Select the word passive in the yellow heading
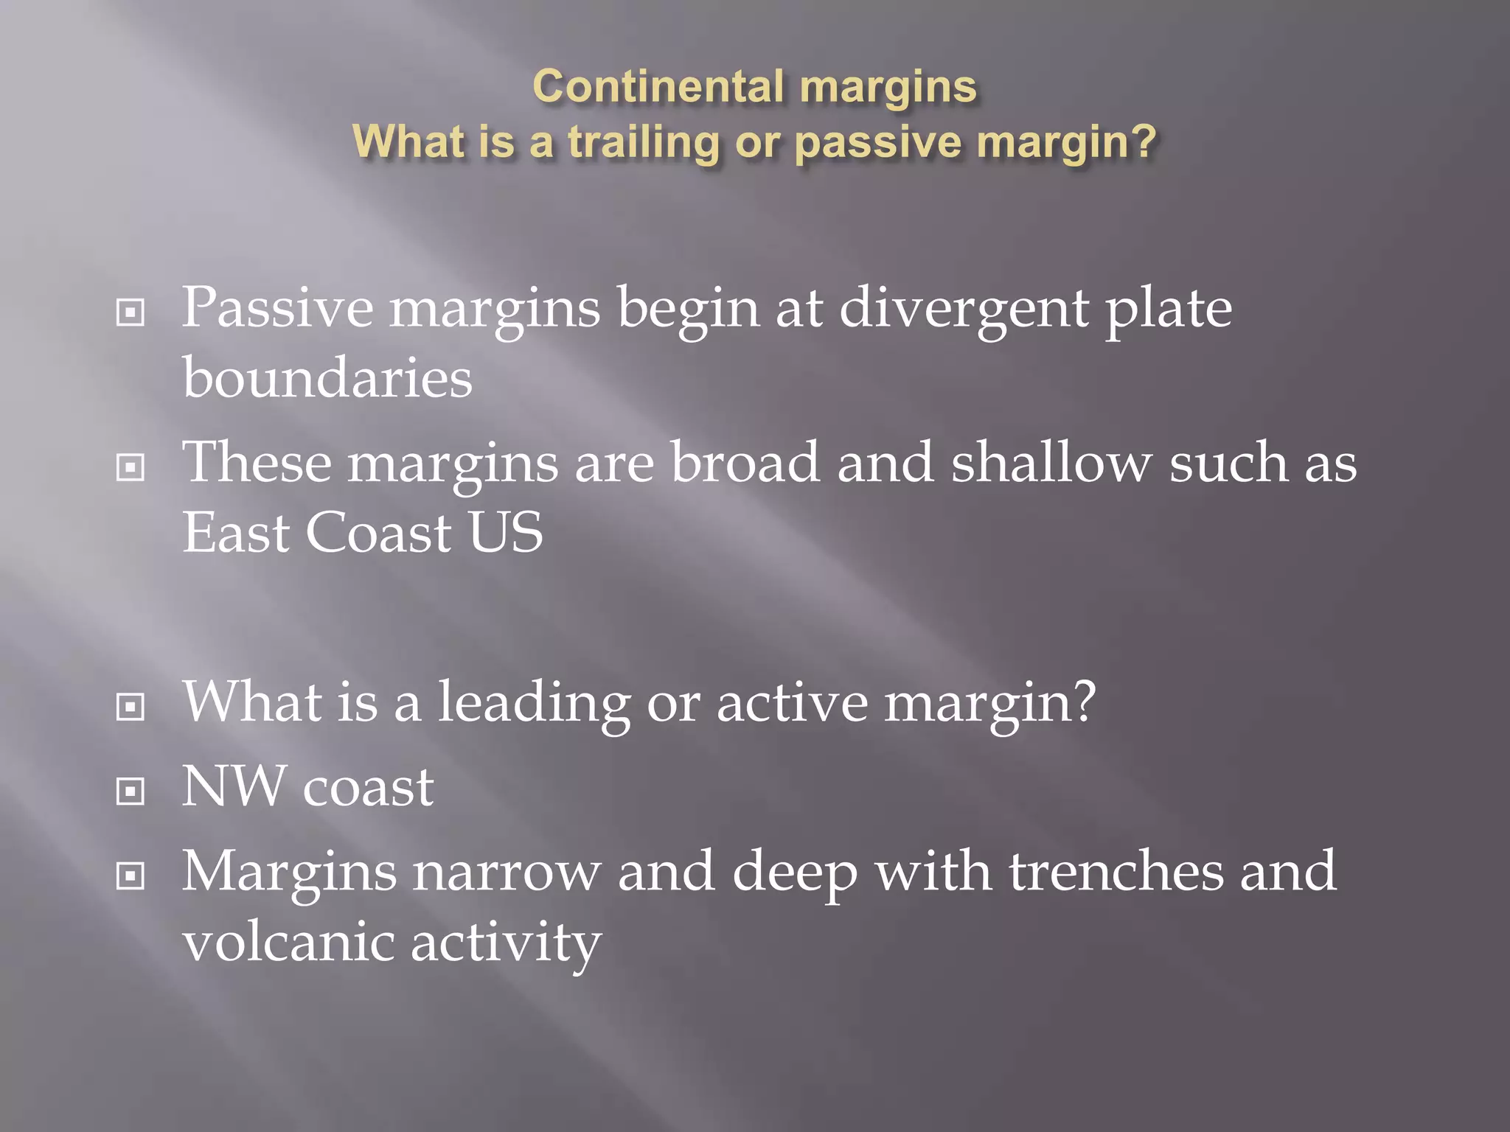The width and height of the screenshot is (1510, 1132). (878, 141)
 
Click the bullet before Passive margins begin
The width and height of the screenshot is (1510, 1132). (131, 313)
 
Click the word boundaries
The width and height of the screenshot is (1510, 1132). (327, 377)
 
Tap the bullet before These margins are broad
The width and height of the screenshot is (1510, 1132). (131, 467)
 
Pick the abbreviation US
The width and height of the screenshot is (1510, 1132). (506, 532)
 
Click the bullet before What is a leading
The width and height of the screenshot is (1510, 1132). (131, 707)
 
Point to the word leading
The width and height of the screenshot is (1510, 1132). (535, 703)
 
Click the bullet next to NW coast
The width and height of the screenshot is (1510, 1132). (131, 792)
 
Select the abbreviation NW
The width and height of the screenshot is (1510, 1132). (234, 787)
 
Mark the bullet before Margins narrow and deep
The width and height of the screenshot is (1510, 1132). (131, 876)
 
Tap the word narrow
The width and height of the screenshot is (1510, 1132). (507, 873)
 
